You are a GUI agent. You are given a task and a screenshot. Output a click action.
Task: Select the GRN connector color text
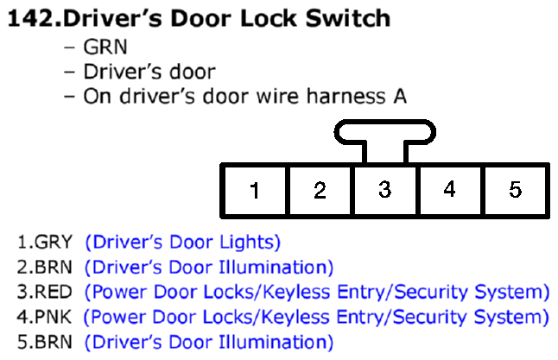105,47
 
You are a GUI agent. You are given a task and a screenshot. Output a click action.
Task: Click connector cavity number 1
255,190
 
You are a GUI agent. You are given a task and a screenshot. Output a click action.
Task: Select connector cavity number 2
320,190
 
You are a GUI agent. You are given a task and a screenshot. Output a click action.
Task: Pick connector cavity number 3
385,190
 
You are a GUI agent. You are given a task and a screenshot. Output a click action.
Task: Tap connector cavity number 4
450,190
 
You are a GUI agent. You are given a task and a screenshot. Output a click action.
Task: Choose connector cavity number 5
516,190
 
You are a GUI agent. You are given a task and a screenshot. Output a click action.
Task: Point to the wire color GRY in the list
54,243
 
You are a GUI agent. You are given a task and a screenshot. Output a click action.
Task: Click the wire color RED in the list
54,292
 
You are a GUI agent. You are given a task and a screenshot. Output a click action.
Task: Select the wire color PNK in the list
53,317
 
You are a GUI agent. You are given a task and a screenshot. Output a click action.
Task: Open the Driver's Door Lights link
183,243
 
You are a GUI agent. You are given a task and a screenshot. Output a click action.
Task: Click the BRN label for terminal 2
54,267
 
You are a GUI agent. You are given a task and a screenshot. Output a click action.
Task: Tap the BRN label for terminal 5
54,342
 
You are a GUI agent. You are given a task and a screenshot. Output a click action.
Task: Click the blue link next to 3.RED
317,292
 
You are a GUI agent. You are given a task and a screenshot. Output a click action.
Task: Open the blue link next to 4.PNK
316,317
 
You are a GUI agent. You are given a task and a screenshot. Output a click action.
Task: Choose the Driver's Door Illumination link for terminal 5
209,342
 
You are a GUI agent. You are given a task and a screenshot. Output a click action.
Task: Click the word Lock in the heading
269,18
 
